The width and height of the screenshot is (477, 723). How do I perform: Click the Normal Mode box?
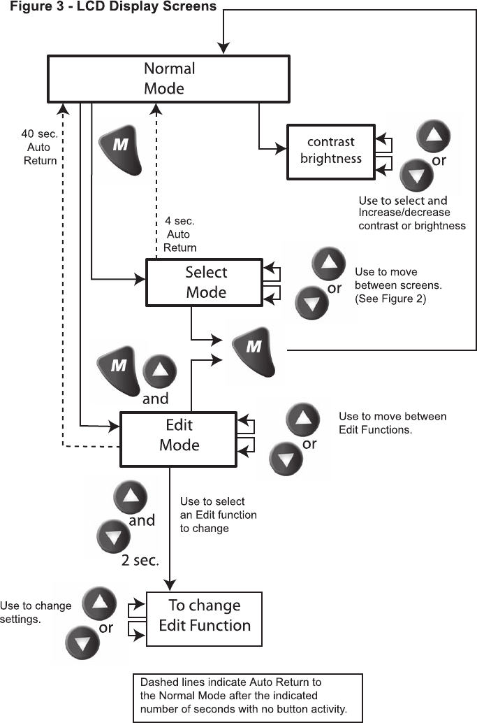[x=168, y=78]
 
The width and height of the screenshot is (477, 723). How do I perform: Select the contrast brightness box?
[x=331, y=150]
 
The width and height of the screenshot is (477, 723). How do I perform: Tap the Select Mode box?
[x=206, y=282]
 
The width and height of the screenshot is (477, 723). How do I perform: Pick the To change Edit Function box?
[x=204, y=615]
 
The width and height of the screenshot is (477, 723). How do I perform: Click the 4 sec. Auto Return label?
[x=179, y=234]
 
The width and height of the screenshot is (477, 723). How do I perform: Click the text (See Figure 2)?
[x=391, y=299]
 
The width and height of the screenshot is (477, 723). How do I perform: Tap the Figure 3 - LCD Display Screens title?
[x=108, y=6]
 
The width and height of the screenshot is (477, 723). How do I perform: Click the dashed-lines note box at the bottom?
[x=248, y=697]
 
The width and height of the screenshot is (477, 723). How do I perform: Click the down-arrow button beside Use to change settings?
[x=82, y=643]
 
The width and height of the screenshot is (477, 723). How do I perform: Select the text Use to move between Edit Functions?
[x=392, y=422]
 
